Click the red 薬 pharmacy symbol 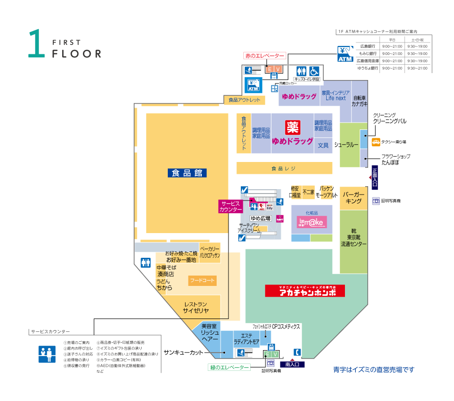click(293, 127)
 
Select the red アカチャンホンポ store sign click(304, 291)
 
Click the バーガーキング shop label click(354, 198)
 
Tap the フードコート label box click(202, 281)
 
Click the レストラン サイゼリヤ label click(196, 308)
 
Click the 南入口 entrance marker click(295, 364)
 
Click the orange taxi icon click(376, 142)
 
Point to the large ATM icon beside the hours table click(345, 54)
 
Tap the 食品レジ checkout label click(283, 168)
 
